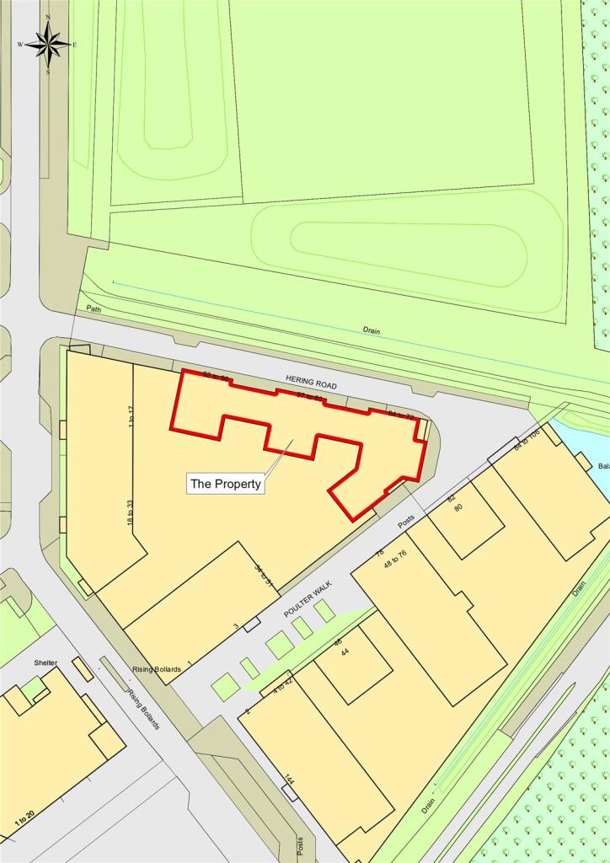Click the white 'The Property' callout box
pos(225,484)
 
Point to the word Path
pos(92,308)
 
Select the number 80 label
pos(457,507)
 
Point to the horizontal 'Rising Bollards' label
pos(157,669)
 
